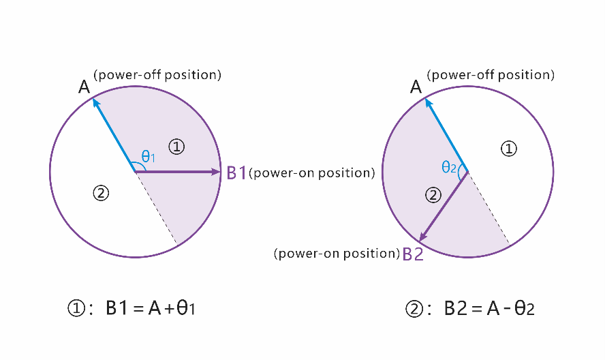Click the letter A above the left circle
[x=84, y=87]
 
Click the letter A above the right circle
[x=416, y=87]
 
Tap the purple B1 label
[x=236, y=173]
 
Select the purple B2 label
[x=413, y=254]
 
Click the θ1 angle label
[x=149, y=156]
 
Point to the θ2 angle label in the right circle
[x=449, y=167]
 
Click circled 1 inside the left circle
[x=176, y=145]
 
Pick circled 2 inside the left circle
[x=101, y=193]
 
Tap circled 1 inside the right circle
[x=508, y=147]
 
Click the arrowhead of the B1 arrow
[x=217, y=172]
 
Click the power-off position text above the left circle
[x=157, y=74]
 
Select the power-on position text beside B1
[x=312, y=173]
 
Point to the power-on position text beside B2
[x=337, y=254]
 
